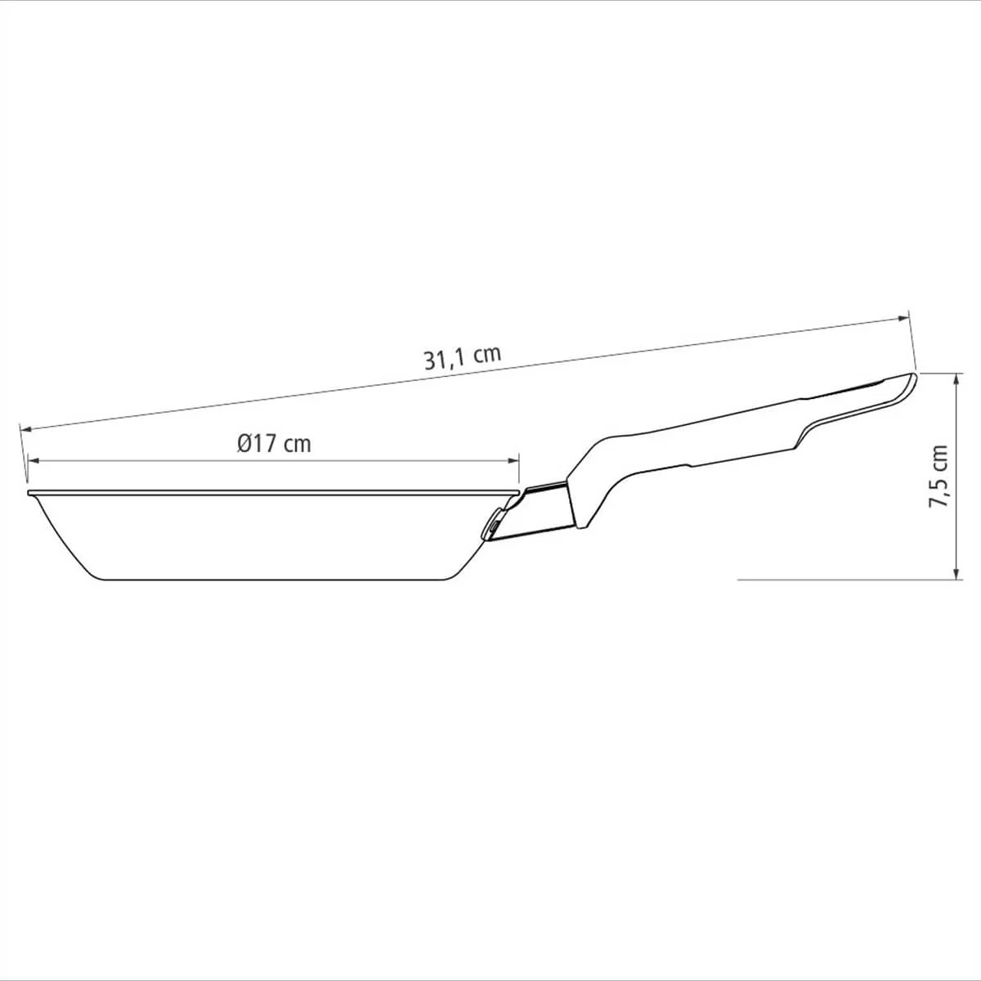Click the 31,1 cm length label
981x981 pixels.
tap(463, 357)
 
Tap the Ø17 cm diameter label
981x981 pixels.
tap(274, 443)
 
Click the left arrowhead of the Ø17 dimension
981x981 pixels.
tap(34, 461)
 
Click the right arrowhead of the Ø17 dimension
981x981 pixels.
tap(513, 461)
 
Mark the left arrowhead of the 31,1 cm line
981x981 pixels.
tap(25, 429)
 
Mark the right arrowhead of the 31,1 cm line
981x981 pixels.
tap(903, 319)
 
